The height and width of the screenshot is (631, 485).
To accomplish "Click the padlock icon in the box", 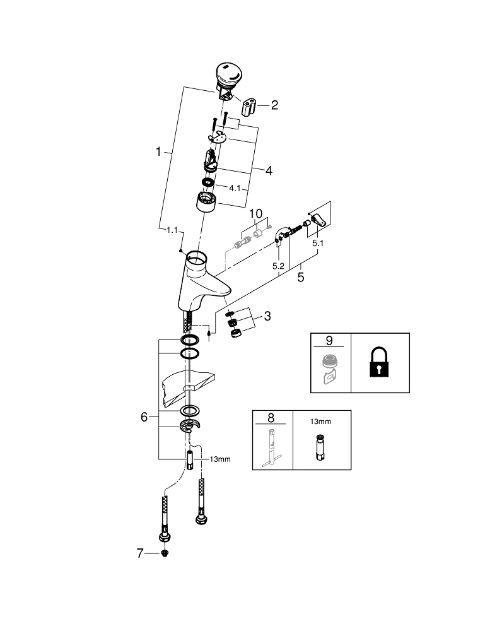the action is coord(379,362).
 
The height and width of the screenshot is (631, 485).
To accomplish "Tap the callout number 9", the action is coord(329,341).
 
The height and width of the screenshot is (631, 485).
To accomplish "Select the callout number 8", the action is coord(271,418).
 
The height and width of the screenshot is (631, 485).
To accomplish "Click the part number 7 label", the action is coord(140,553).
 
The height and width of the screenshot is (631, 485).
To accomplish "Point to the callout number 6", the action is coord(144,417).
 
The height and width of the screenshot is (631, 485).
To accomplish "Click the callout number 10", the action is coord(256,213).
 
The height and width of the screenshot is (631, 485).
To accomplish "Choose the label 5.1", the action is coord(318,243).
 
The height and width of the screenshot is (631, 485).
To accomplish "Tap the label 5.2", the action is coord(278,266).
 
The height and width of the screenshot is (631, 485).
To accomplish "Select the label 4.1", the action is coord(235,188).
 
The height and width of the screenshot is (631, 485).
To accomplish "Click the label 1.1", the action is coord(172,230).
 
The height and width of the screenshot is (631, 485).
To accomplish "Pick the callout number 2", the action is coord(275,105).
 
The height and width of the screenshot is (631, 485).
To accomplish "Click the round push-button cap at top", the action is coord(229,76).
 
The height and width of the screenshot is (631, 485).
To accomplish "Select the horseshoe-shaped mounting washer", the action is coord(190,426).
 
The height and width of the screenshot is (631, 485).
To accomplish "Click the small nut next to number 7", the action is coord(164,554).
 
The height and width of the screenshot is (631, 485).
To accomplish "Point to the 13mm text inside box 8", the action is coord(320,422).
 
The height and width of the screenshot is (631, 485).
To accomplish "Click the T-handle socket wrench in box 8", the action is coord(272,447).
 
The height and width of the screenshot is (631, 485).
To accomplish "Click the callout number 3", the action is coord(267,316).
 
